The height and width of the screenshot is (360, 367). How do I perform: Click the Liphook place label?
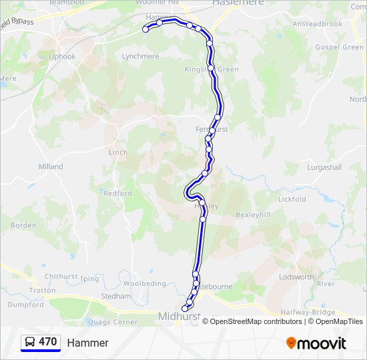pos(62,57)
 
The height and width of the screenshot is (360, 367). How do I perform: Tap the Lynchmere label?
pos(140,57)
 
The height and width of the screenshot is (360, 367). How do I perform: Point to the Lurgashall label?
pos(324,167)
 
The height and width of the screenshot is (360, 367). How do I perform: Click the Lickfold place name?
pos(292,199)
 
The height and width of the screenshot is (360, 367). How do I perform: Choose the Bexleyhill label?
pos(253,215)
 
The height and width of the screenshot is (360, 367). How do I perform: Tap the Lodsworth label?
pos(296,277)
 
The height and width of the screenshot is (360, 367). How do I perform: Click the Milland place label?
pos(51,167)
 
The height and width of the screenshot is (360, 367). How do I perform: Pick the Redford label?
pos(117,193)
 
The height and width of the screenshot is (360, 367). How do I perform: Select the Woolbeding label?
pos(145,284)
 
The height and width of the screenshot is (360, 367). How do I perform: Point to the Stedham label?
pos(111,296)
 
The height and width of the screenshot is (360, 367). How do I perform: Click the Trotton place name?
pos(43,291)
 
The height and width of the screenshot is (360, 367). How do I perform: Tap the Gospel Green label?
pos(339,47)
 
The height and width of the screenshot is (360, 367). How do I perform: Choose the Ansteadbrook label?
pos(318,24)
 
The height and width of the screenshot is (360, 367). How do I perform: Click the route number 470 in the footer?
pos(47,342)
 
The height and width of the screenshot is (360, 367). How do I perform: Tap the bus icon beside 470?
pos(30,342)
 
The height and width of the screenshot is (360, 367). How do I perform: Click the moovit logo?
pos(316,343)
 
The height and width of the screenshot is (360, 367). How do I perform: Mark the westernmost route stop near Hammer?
pos(145,29)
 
